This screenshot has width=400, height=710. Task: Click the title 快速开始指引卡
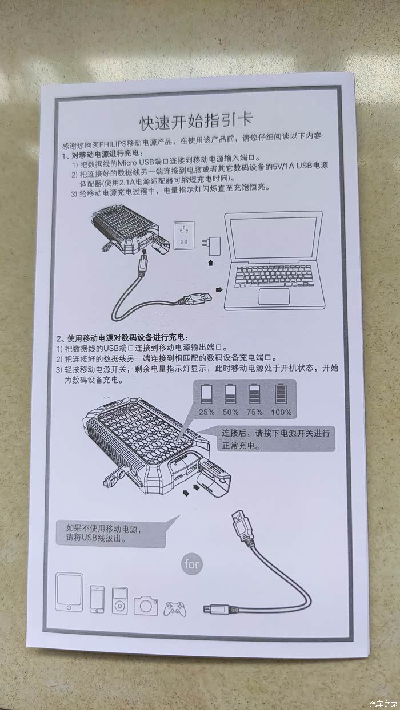click(196, 122)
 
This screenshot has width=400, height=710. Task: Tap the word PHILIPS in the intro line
click(113, 144)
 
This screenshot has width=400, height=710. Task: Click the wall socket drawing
click(184, 236)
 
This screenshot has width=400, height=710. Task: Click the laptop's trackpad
click(274, 296)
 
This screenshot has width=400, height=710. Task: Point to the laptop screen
click(273, 238)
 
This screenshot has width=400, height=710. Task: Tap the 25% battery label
click(207, 412)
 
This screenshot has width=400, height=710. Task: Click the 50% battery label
click(230, 412)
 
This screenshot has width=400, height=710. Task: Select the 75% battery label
click(255, 412)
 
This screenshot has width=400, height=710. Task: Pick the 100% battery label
click(281, 412)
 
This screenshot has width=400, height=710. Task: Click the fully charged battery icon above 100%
click(281, 393)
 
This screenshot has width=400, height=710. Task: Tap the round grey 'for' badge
click(192, 564)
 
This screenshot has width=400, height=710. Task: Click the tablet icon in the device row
click(69, 592)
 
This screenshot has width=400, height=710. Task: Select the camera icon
click(146, 606)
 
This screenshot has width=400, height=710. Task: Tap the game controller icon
click(175, 608)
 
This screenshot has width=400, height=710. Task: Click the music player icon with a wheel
click(119, 600)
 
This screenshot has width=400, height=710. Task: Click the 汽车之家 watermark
click(385, 703)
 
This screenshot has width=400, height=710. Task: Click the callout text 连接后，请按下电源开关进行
click(276, 433)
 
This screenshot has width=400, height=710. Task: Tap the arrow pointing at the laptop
click(219, 290)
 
